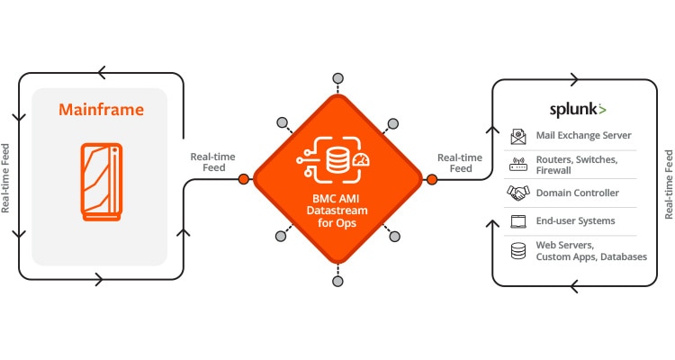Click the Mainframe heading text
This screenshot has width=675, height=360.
click(x=101, y=111)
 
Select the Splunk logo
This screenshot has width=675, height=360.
click(x=577, y=110)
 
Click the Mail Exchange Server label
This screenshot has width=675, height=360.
click(x=584, y=136)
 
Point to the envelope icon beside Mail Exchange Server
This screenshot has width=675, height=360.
click(x=518, y=136)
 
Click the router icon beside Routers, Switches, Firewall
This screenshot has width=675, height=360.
click(x=518, y=165)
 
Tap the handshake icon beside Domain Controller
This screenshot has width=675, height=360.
click(x=518, y=193)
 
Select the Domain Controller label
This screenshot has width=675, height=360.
click(x=577, y=193)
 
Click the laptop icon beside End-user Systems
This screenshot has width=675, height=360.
click(x=518, y=220)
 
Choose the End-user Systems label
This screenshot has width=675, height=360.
click(x=576, y=220)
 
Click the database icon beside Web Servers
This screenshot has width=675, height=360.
click(x=518, y=251)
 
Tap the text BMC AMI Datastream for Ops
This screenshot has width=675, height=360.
click(x=337, y=211)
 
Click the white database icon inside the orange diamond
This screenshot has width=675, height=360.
click(x=337, y=161)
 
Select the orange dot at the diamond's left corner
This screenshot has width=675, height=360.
click(x=244, y=179)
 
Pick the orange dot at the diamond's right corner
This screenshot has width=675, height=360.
click(x=431, y=179)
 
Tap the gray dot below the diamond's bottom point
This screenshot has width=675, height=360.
click(x=337, y=281)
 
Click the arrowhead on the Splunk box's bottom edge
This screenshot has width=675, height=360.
click(x=572, y=286)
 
